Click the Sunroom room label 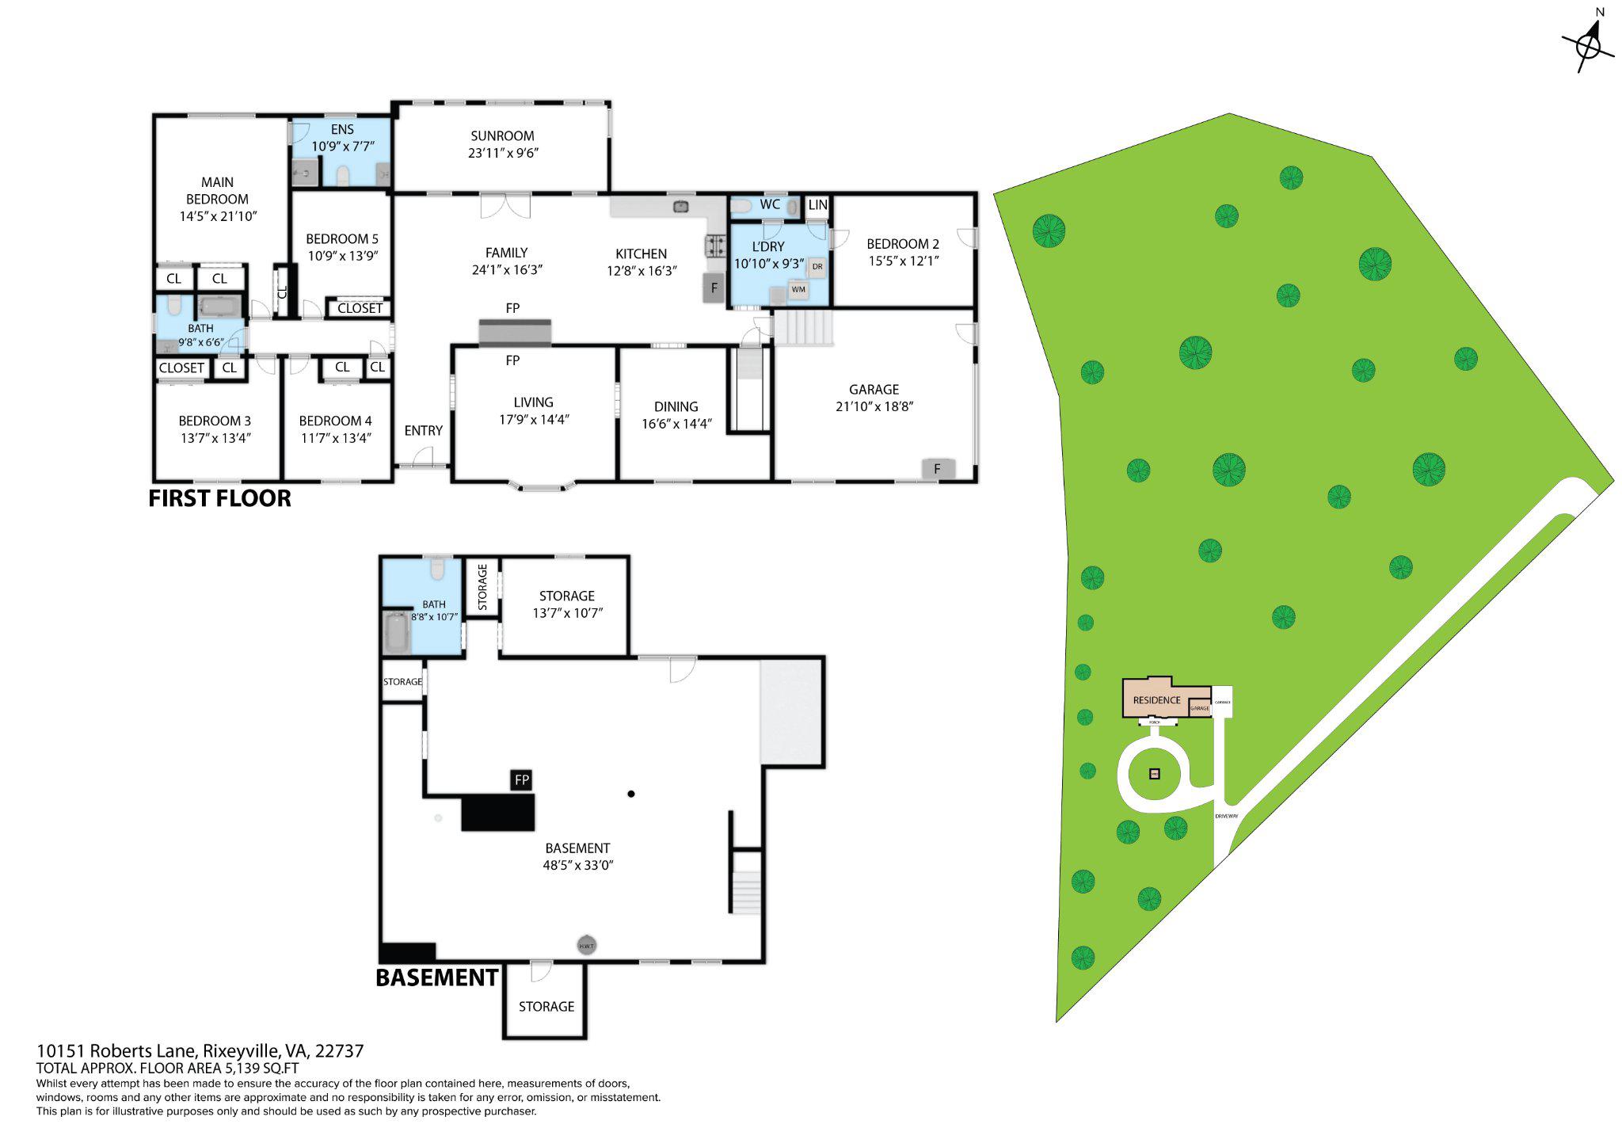point(502,135)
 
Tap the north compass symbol point(1588,45)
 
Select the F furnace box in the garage point(938,469)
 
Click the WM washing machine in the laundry point(798,289)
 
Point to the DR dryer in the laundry point(817,267)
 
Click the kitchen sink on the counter point(680,207)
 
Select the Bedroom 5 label point(342,238)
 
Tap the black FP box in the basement point(521,780)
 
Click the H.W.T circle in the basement point(586,946)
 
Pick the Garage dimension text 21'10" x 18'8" point(874,406)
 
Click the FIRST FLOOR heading point(220,498)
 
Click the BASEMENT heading point(437,977)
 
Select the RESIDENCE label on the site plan point(1156,700)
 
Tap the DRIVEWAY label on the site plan point(1226,815)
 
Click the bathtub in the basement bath point(396,632)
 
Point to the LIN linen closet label point(818,205)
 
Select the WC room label point(770,204)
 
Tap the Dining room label point(676,406)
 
